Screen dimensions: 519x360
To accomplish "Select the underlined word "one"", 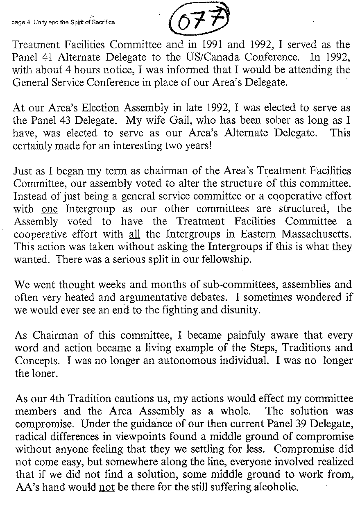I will (50, 209).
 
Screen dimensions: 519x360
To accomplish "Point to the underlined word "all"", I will (132, 235).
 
